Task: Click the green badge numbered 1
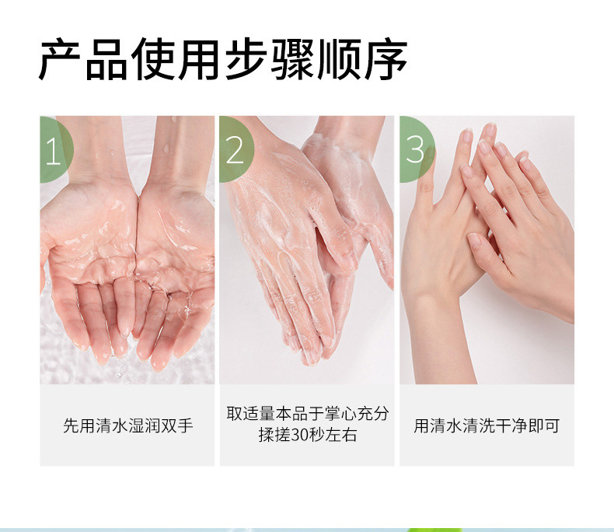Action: [55, 149]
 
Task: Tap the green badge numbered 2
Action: [235, 149]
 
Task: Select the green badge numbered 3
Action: [416, 149]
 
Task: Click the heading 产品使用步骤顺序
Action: [223, 59]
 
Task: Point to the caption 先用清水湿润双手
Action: [128, 425]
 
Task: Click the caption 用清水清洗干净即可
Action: [487, 425]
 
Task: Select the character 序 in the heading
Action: [386, 59]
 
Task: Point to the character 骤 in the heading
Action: [293, 59]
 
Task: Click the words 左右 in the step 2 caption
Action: [341, 435]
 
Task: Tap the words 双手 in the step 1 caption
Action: [177, 425]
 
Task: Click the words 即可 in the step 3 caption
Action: [544, 425]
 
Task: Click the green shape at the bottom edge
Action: [422, 530]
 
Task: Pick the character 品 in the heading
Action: [106, 59]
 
